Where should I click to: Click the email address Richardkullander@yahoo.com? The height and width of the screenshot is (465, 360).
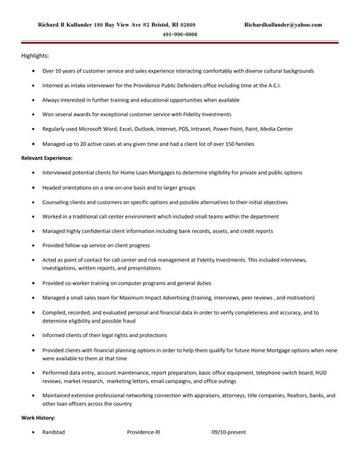[x=283, y=25]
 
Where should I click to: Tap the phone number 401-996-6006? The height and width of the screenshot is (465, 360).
[x=180, y=34]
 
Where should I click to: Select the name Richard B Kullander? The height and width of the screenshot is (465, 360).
[x=65, y=25]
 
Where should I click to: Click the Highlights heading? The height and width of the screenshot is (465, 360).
[x=35, y=56]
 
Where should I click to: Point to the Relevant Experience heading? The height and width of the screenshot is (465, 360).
[x=47, y=158]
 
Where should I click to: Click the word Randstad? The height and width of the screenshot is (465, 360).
[x=53, y=432]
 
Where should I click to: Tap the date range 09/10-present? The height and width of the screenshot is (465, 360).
[x=228, y=432]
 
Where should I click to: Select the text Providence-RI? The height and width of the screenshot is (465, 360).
[x=143, y=432]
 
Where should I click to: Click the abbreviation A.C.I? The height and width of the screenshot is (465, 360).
[x=271, y=85]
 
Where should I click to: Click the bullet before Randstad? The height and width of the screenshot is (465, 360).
[x=33, y=432]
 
